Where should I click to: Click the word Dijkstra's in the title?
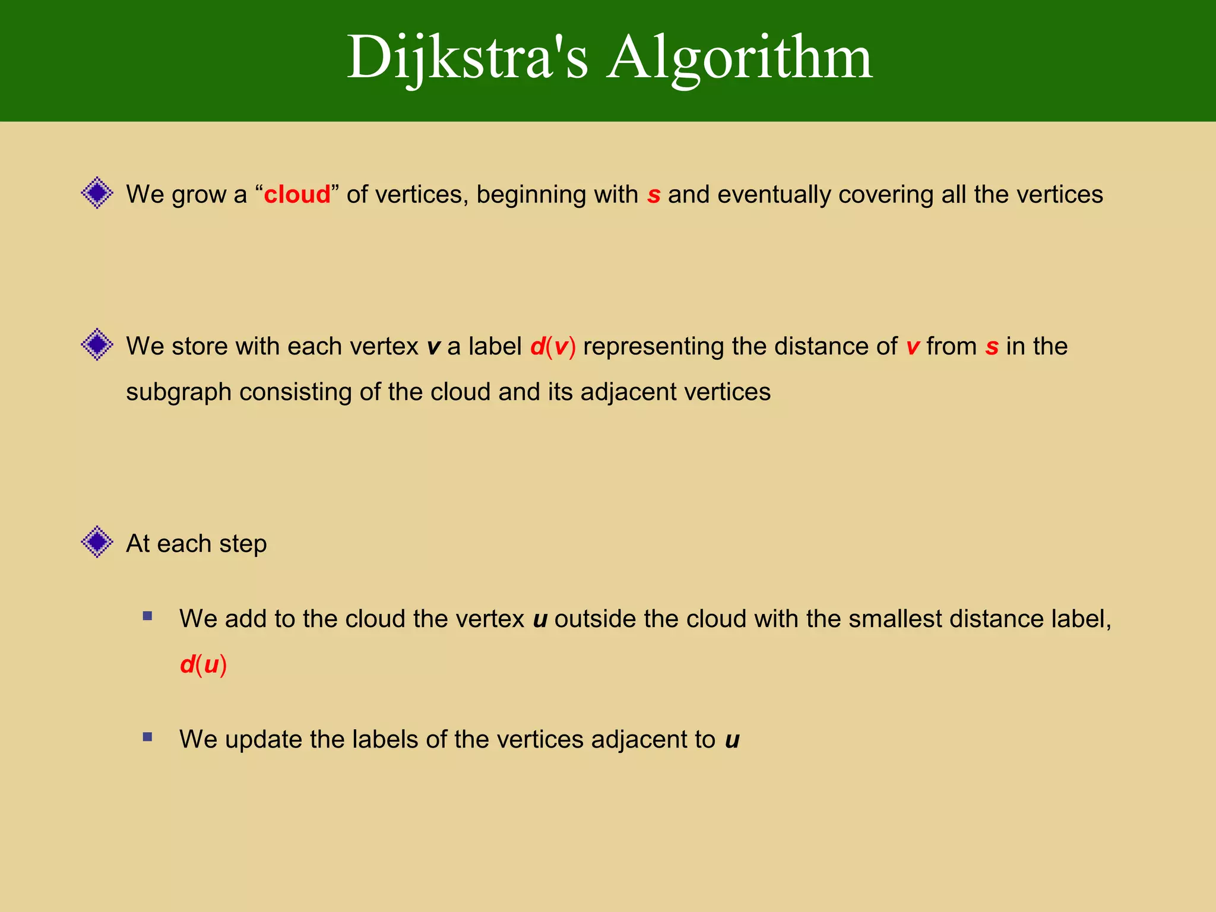[x=467, y=58]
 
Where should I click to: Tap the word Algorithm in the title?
[x=739, y=58]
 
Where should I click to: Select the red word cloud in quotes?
[x=297, y=195]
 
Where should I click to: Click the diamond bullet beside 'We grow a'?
[x=97, y=193]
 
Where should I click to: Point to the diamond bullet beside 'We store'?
[x=97, y=344]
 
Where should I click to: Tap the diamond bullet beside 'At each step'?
[x=97, y=541]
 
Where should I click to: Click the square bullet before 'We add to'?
[x=148, y=616]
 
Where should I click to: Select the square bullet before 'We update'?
[x=148, y=737]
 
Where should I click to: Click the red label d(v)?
[x=553, y=347]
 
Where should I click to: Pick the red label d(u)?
[x=203, y=665]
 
